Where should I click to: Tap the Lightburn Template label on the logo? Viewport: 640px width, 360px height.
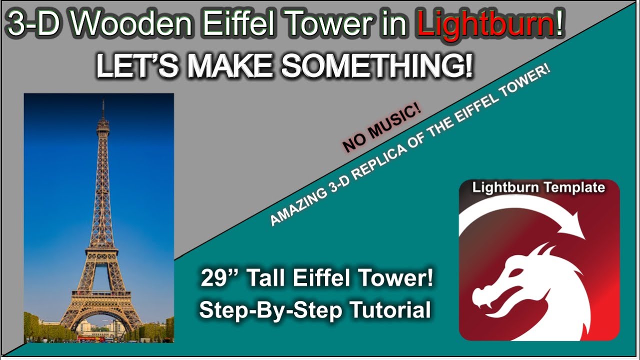coord(538,188)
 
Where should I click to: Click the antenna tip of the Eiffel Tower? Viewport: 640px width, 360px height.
coord(103,101)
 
